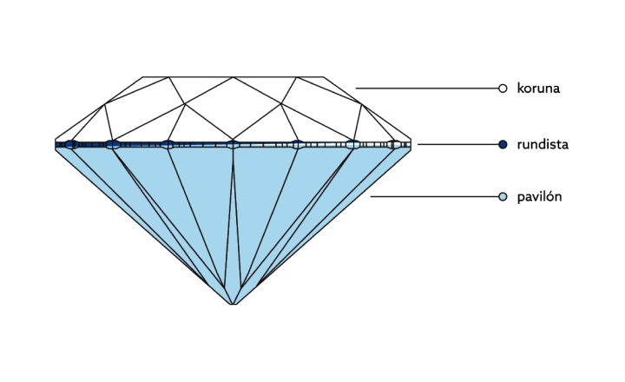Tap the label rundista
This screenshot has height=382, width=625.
[542, 144]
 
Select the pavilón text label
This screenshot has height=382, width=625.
[539, 197]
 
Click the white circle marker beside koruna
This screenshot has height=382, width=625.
[503, 88]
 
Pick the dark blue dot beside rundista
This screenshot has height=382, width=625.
[503, 144]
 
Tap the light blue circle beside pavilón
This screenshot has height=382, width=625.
[503, 197]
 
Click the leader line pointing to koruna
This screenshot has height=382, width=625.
[425, 88]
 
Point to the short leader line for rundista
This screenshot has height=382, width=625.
[457, 144]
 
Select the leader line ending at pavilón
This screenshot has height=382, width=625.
[434, 197]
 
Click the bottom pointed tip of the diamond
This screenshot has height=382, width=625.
[233, 303]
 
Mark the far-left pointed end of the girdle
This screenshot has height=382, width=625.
[56, 144]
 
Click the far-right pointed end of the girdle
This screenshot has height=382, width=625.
[410, 144]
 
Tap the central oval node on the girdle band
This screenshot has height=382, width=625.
[233, 144]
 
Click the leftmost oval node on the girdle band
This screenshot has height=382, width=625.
[72, 144]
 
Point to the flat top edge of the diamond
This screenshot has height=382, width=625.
[233, 76]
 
